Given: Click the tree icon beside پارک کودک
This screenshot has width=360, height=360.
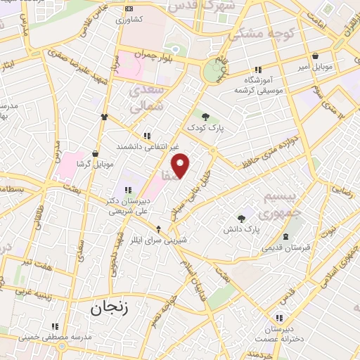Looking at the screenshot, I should (x=205, y=117).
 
